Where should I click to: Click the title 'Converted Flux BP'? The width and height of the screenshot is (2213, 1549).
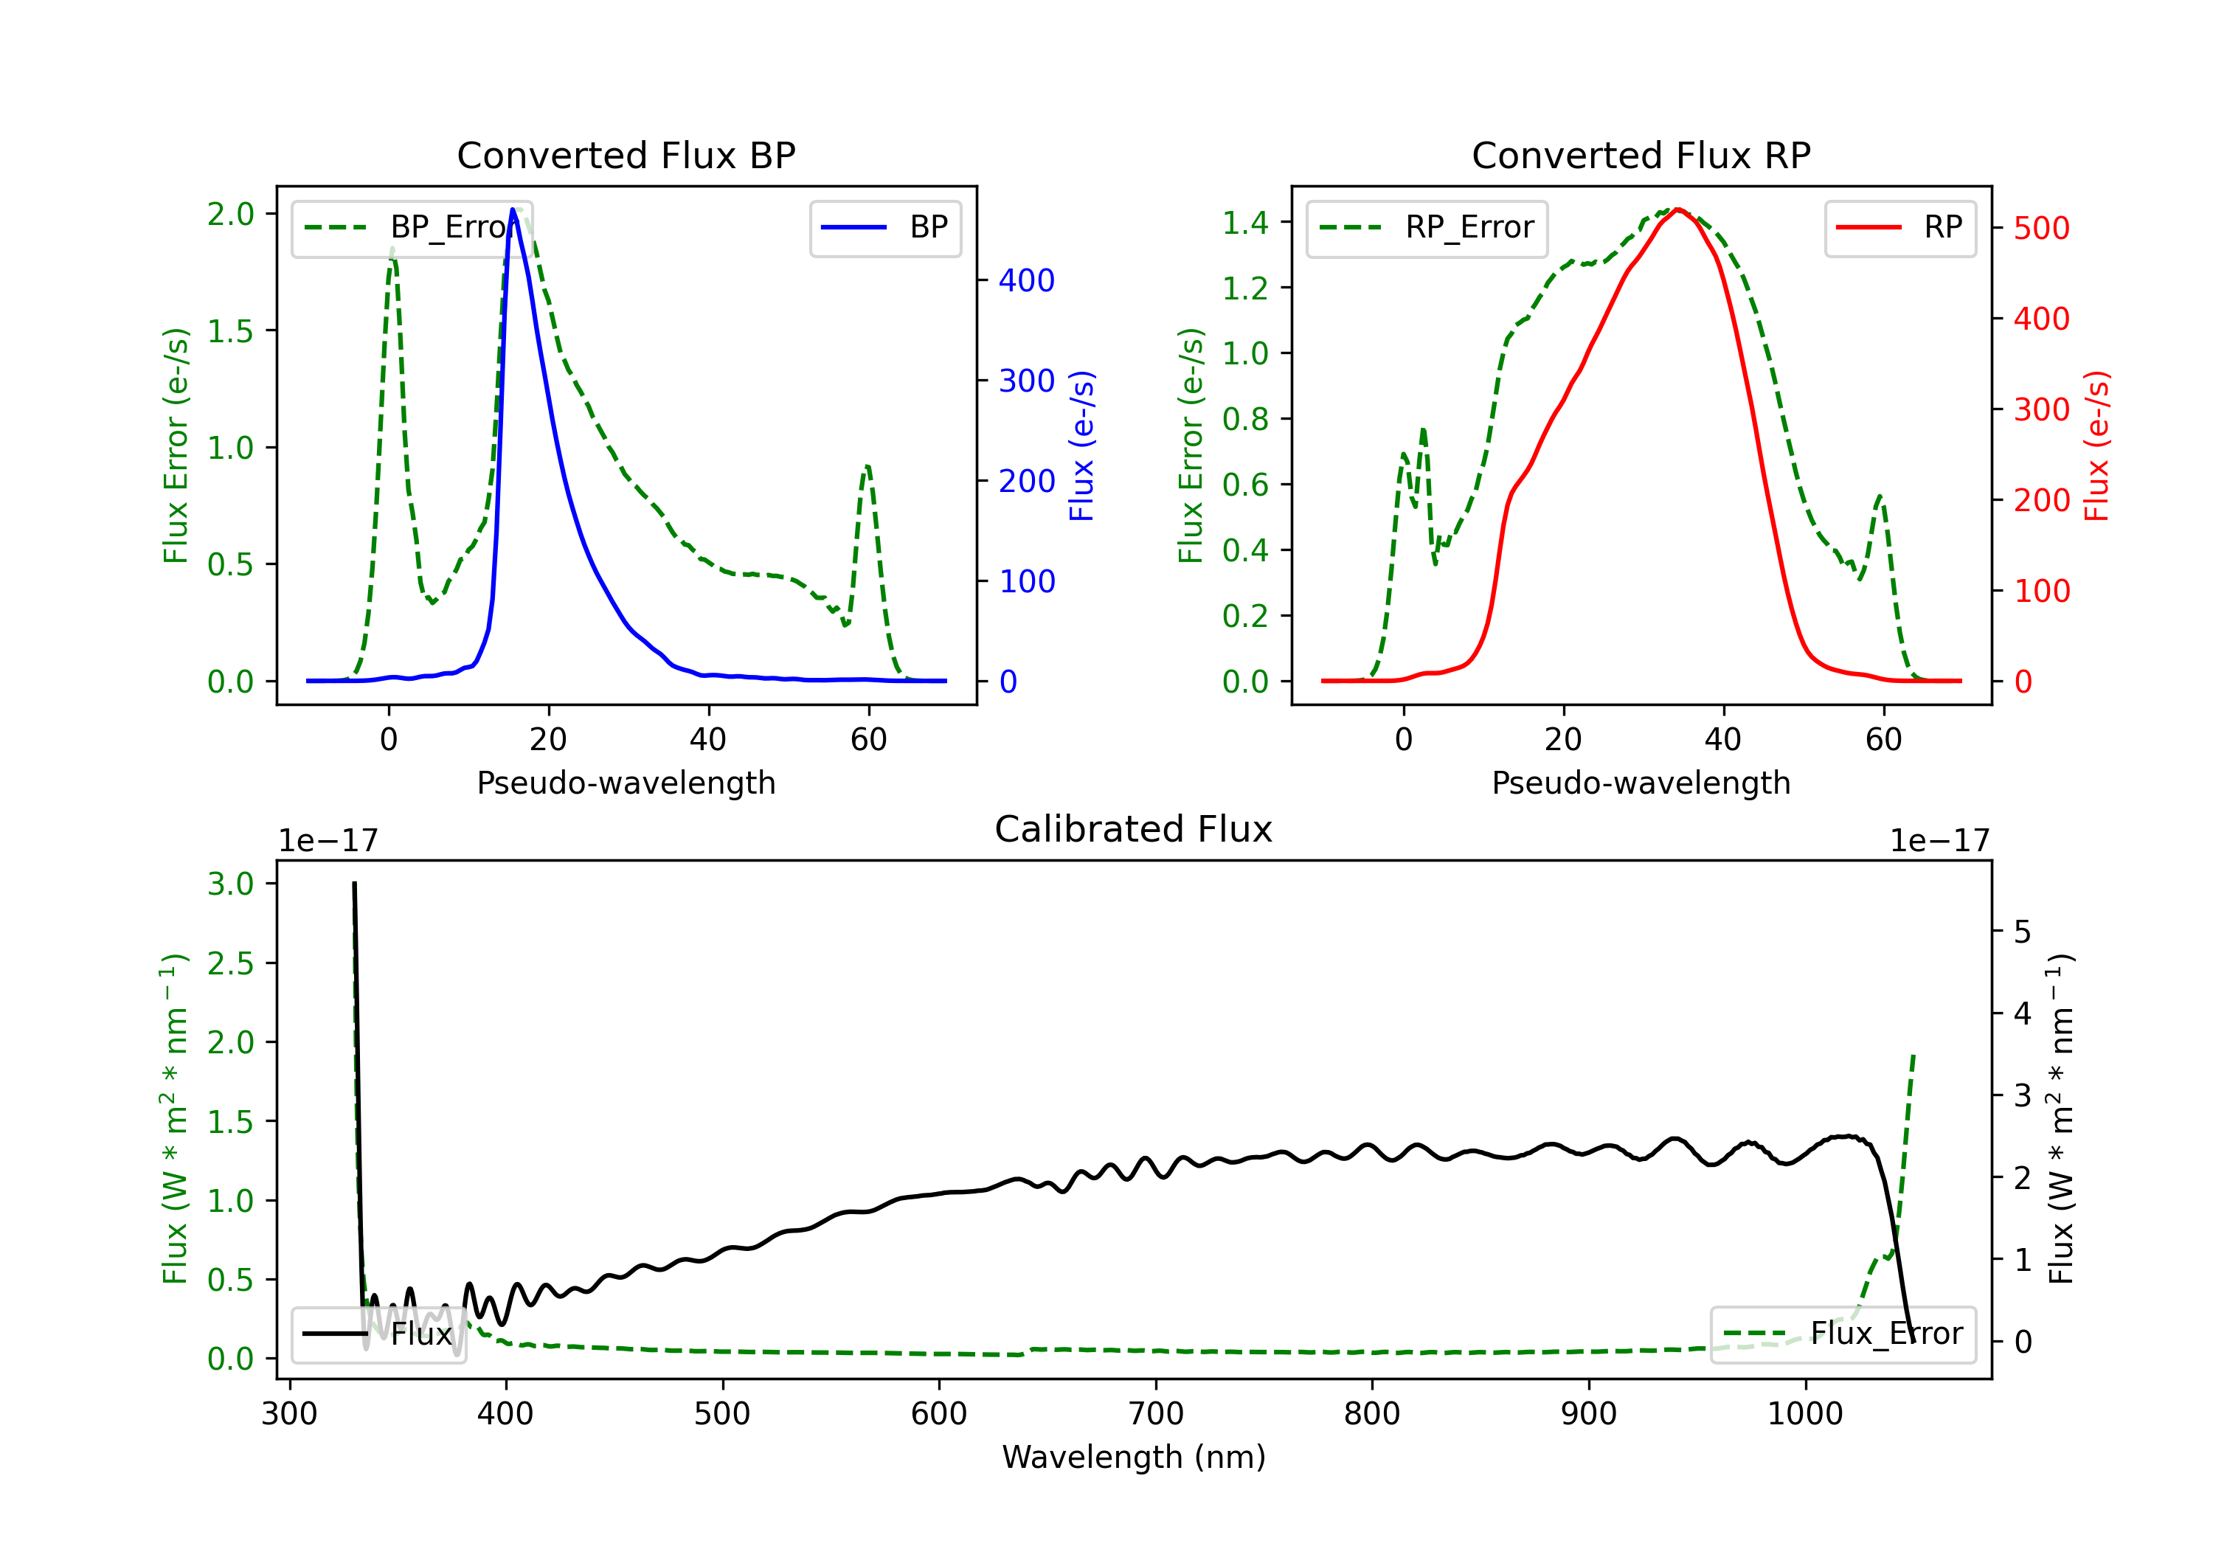[x=626, y=155]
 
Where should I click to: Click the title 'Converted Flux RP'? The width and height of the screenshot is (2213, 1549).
[x=1641, y=155]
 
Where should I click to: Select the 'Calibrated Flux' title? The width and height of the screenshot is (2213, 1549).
[x=1134, y=829]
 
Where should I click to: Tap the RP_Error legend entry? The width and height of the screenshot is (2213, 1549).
[x=1427, y=227]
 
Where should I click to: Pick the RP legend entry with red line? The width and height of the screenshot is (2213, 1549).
[x=1899, y=227]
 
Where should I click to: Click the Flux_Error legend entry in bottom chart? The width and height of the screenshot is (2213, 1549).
[x=1843, y=1334]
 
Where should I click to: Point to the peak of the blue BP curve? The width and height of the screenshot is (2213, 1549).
[x=513, y=209]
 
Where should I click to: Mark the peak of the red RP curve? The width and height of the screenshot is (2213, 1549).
[x=1678, y=209]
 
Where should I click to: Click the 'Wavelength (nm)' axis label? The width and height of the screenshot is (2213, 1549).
[x=1134, y=1457]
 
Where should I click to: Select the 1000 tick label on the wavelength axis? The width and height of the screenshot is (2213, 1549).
[x=1804, y=1413]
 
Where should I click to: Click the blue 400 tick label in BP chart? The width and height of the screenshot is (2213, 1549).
[x=1027, y=280]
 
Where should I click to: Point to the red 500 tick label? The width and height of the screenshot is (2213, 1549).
[x=2041, y=229]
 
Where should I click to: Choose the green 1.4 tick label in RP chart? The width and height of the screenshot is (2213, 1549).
[x=1245, y=223]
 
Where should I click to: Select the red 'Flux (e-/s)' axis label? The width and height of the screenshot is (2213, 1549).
[x=2096, y=446]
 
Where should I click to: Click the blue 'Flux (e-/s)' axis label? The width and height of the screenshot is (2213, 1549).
[x=1081, y=446]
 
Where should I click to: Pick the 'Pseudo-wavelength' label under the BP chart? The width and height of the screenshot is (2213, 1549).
[x=626, y=783]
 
